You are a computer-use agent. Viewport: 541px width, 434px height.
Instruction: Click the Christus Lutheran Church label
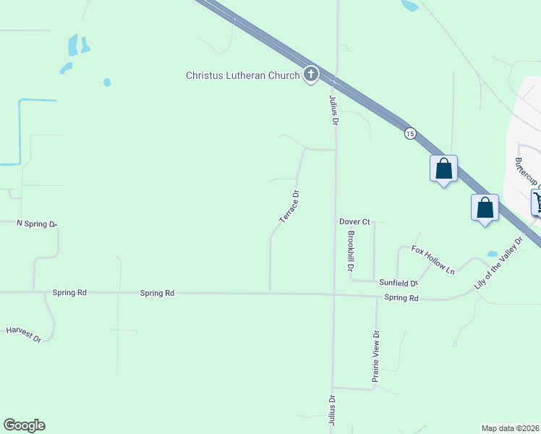pos(242,75)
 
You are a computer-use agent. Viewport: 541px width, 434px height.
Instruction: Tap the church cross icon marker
pos(311,74)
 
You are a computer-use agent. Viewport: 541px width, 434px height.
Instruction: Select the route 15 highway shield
pos(410,133)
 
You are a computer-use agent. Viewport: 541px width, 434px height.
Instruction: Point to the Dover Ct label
pos(354,221)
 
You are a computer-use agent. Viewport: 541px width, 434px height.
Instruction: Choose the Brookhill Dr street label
pos(350,251)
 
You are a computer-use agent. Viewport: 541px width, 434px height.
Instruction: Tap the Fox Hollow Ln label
pos(433,260)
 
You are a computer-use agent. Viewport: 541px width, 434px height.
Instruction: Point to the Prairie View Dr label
pos(375,356)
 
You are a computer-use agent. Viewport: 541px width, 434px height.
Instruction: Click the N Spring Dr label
pos(36,224)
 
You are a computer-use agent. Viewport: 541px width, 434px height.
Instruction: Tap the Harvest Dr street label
pos(24,333)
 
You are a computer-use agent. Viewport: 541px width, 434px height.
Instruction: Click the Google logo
pos(24,425)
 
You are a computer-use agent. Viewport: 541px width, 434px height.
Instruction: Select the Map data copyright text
pos(511,428)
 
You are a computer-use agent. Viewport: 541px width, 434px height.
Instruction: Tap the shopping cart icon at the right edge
pos(537,202)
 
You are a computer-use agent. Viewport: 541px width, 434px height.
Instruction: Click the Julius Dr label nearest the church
pos(334,110)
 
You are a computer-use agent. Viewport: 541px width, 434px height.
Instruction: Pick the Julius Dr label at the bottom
pos(333,409)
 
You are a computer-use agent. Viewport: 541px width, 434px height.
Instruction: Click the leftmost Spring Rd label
pos(69,293)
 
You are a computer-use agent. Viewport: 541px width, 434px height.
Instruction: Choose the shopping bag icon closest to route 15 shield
pos(443,169)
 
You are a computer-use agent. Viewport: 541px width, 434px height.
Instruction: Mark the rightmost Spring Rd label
pos(401,298)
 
